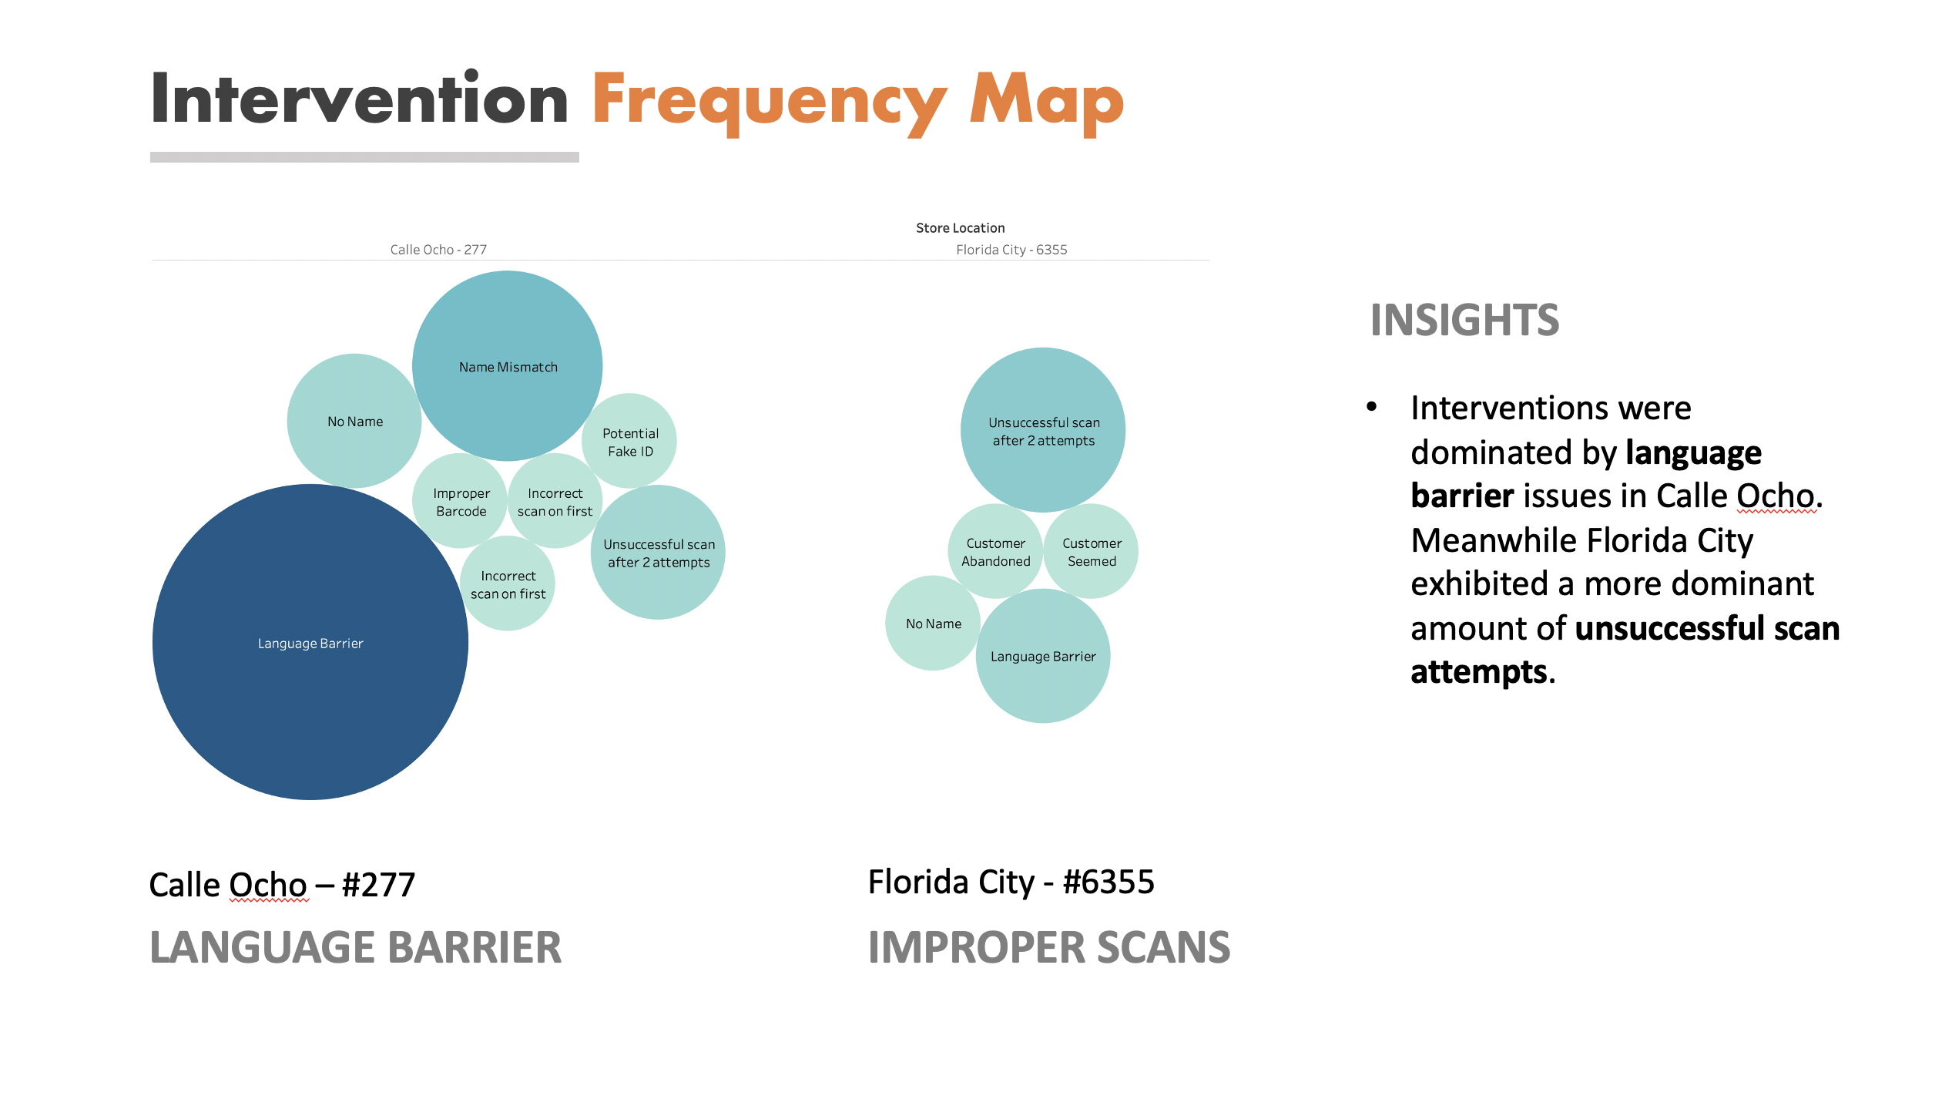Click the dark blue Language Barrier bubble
coord(310,642)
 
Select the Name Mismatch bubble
coord(508,366)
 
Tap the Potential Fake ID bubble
coord(629,441)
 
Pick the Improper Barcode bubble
coord(460,502)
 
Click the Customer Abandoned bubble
coord(995,552)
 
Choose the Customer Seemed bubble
coord(1091,552)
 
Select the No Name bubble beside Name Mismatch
coord(354,421)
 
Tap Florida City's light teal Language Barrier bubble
coord(1042,657)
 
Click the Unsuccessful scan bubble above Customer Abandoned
coord(1043,430)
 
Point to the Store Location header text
coord(960,227)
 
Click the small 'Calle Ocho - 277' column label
coord(438,249)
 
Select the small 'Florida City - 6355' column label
coord(1011,249)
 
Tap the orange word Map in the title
coord(1046,100)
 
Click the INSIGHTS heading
coord(1464,320)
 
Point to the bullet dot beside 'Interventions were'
coord(1371,407)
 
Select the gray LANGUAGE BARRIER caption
coord(355,947)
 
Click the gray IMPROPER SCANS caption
coord(1048,947)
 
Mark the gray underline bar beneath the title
coord(364,157)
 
